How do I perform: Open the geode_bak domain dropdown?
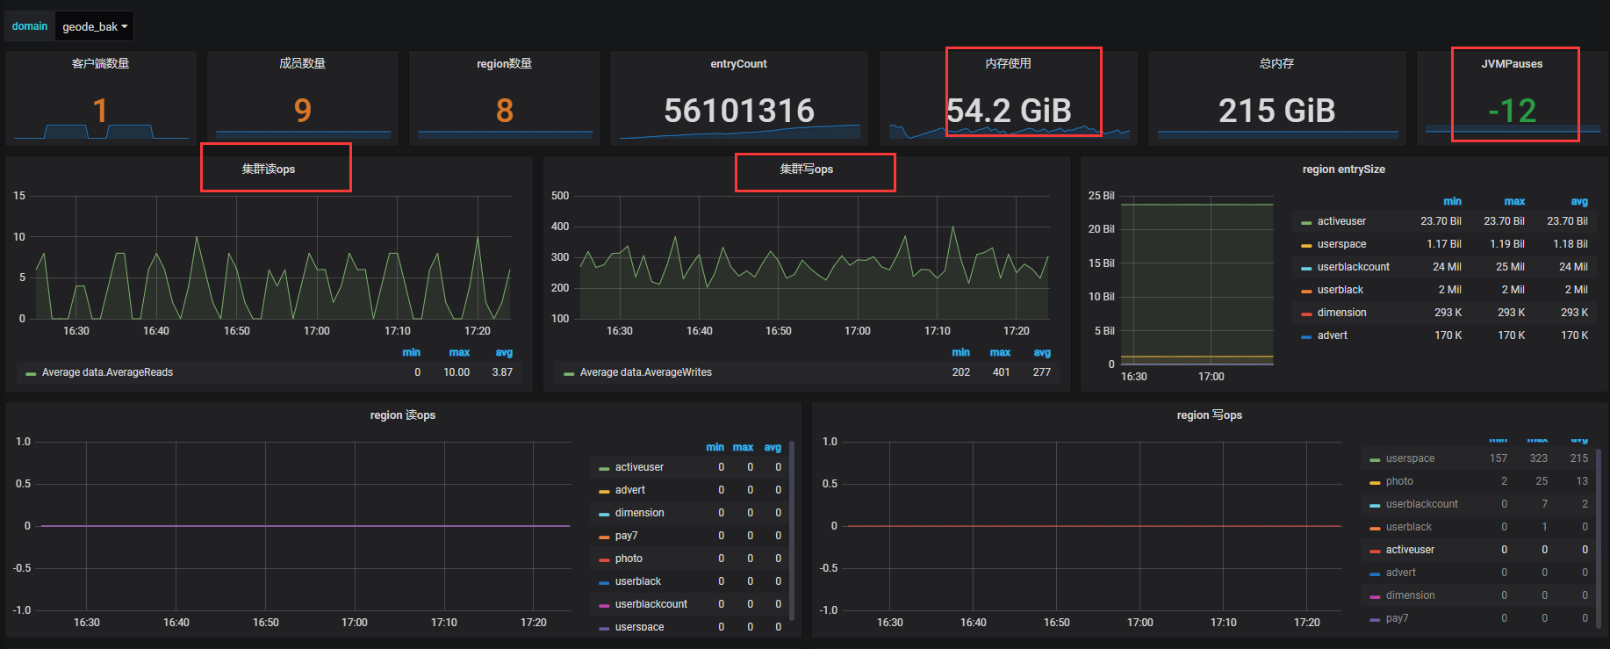tap(95, 26)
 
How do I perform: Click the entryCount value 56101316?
tap(739, 111)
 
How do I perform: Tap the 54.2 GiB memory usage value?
tap(1009, 111)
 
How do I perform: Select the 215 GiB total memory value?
tap(1276, 111)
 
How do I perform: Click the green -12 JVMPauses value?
tap(1512, 111)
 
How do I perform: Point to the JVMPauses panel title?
tap(1512, 64)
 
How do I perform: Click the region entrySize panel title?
tap(1343, 169)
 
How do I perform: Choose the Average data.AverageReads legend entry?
tap(107, 372)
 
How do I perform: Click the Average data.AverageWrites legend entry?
tap(645, 372)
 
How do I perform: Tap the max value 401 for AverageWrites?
tap(1001, 372)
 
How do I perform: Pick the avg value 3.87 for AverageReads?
tap(502, 372)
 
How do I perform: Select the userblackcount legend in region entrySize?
tap(1353, 267)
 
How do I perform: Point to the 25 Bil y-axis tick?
tap(1101, 196)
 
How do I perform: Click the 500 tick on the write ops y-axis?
tap(560, 196)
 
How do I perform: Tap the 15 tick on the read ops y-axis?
tap(19, 196)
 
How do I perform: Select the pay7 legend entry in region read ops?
tap(626, 536)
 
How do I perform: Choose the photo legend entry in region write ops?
tap(1399, 481)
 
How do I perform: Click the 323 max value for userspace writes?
tap(1538, 458)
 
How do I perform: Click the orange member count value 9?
tap(303, 111)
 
